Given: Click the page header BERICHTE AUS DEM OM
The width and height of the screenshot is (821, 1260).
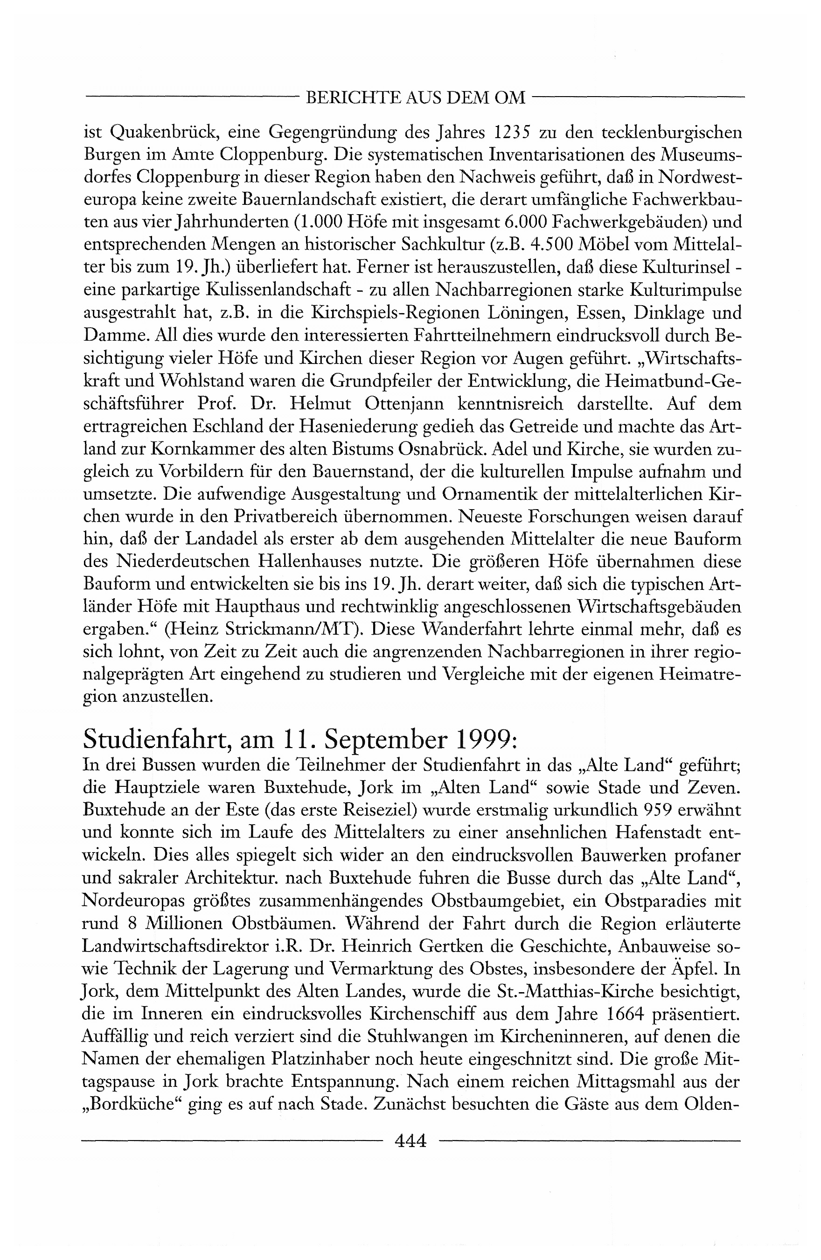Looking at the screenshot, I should [x=416, y=98].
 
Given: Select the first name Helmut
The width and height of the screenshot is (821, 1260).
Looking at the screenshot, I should [x=318, y=405].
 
